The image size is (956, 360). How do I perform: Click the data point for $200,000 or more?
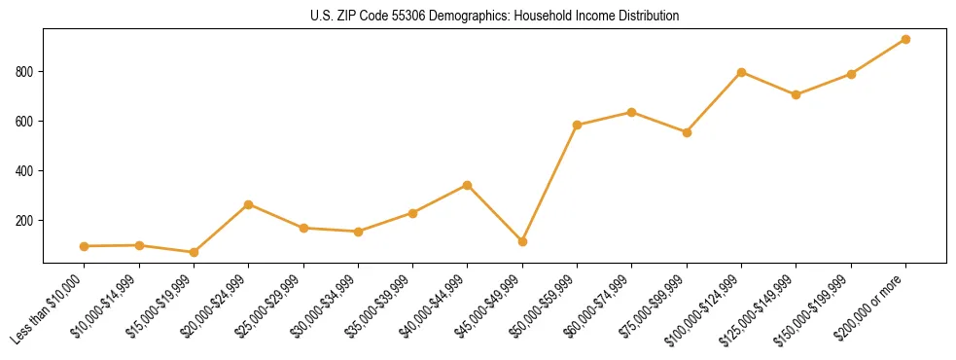(905, 40)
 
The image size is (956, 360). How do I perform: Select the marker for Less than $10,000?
(85, 246)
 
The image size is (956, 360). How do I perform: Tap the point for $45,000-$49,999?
(522, 241)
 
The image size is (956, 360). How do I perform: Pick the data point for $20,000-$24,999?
(249, 204)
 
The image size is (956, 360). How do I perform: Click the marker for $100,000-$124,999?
(741, 72)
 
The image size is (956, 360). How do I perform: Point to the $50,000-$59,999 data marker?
(578, 125)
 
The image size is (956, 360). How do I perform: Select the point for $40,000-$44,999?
(468, 185)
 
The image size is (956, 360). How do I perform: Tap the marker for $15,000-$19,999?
(194, 252)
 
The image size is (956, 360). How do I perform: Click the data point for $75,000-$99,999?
(687, 132)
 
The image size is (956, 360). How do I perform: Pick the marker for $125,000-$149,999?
(796, 94)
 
